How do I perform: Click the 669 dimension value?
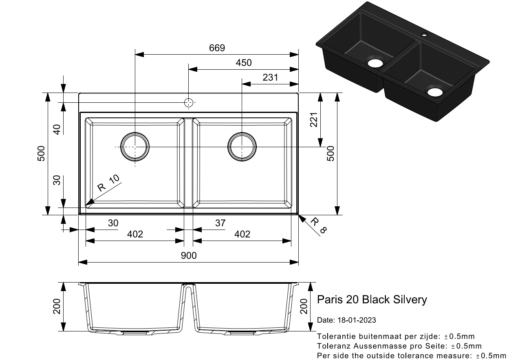pyautogui.click(x=217, y=48)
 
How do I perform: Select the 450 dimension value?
pyautogui.click(x=244, y=62)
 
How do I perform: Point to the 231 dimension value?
pyautogui.click(x=270, y=77)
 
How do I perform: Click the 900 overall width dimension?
pyautogui.click(x=189, y=256)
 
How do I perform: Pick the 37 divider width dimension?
pyautogui.click(x=220, y=223)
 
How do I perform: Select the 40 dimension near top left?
pyautogui.click(x=57, y=129)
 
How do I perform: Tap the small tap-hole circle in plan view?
pyautogui.click(x=188, y=103)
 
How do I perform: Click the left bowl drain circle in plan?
pyautogui.click(x=135, y=146)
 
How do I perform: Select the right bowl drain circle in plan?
pyautogui.click(x=242, y=146)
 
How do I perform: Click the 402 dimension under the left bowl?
pyautogui.click(x=135, y=234)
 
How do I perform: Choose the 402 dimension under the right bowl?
pyautogui.click(x=242, y=234)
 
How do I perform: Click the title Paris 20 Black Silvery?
pyautogui.click(x=372, y=300)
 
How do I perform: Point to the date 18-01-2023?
pyautogui.click(x=346, y=320)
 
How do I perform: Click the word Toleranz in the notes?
pyautogui.click(x=332, y=346)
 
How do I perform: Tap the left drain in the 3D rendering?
pyautogui.click(x=375, y=62)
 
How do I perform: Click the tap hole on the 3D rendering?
pyautogui.click(x=424, y=34)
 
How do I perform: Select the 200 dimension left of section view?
pyautogui.click(x=57, y=306)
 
